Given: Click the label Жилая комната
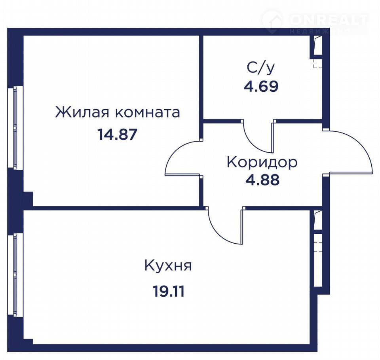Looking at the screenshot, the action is (118, 112).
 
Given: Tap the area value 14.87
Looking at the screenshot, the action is (117, 135).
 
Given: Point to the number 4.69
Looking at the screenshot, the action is (261, 86).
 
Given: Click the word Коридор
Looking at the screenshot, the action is (262, 162).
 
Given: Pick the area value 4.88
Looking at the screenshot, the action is (262, 180).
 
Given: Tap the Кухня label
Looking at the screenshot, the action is (168, 266).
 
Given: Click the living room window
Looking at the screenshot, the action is (13, 127).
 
